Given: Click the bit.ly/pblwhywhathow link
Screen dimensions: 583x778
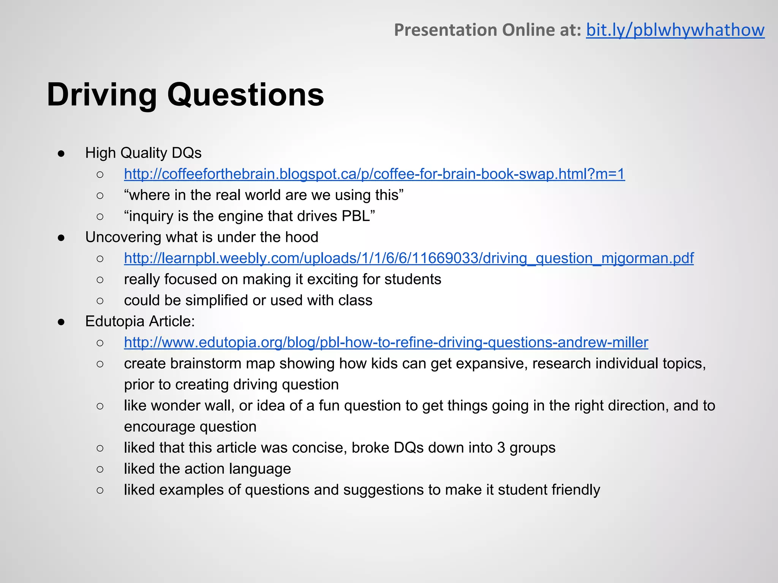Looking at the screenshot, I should pos(675,30).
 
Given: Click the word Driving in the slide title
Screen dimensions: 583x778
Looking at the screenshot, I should pos(102,95).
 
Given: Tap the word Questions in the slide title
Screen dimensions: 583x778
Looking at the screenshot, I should pos(245,95).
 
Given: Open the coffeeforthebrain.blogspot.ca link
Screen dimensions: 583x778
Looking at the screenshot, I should pos(374,174).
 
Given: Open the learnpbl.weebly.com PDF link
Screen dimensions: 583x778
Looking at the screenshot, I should pos(409,258).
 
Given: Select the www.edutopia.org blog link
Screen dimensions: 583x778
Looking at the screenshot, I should pos(386,342).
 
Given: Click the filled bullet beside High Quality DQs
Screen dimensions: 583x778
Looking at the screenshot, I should pos(61,153).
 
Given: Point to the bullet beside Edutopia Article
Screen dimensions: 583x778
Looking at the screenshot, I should pos(61,322).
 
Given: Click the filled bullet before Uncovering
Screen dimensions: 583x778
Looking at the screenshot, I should pos(61,238).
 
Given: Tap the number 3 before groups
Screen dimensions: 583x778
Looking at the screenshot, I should pos(501,448).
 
